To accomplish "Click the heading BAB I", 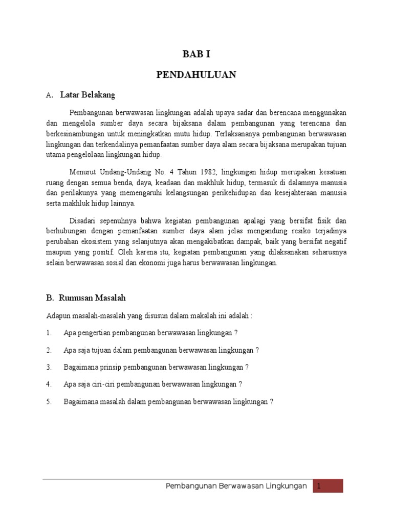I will pos(196,55).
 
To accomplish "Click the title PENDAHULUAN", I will pos(196,75).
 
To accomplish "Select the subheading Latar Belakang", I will pos(88,95).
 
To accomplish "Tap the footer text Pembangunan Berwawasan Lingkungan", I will pos(237,486).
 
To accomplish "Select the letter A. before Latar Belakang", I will pos(50,95).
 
